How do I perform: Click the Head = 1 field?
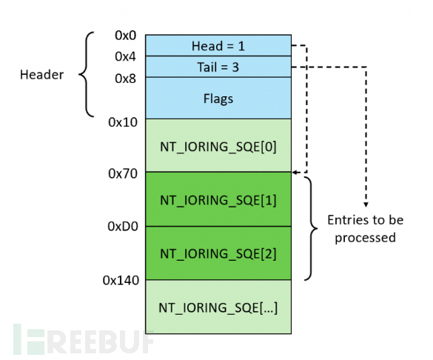[x=218, y=45]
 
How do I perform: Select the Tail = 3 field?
[x=218, y=67]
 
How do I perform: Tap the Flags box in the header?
[x=218, y=97]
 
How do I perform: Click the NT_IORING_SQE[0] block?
[x=218, y=145]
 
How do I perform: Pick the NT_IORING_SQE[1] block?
[x=218, y=199]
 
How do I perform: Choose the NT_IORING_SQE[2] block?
[x=218, y=253]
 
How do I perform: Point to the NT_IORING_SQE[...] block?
[x=218, y=307]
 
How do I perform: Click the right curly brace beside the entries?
[x=311, y=227]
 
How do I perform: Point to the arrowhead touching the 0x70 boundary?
[x=297, y=173]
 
